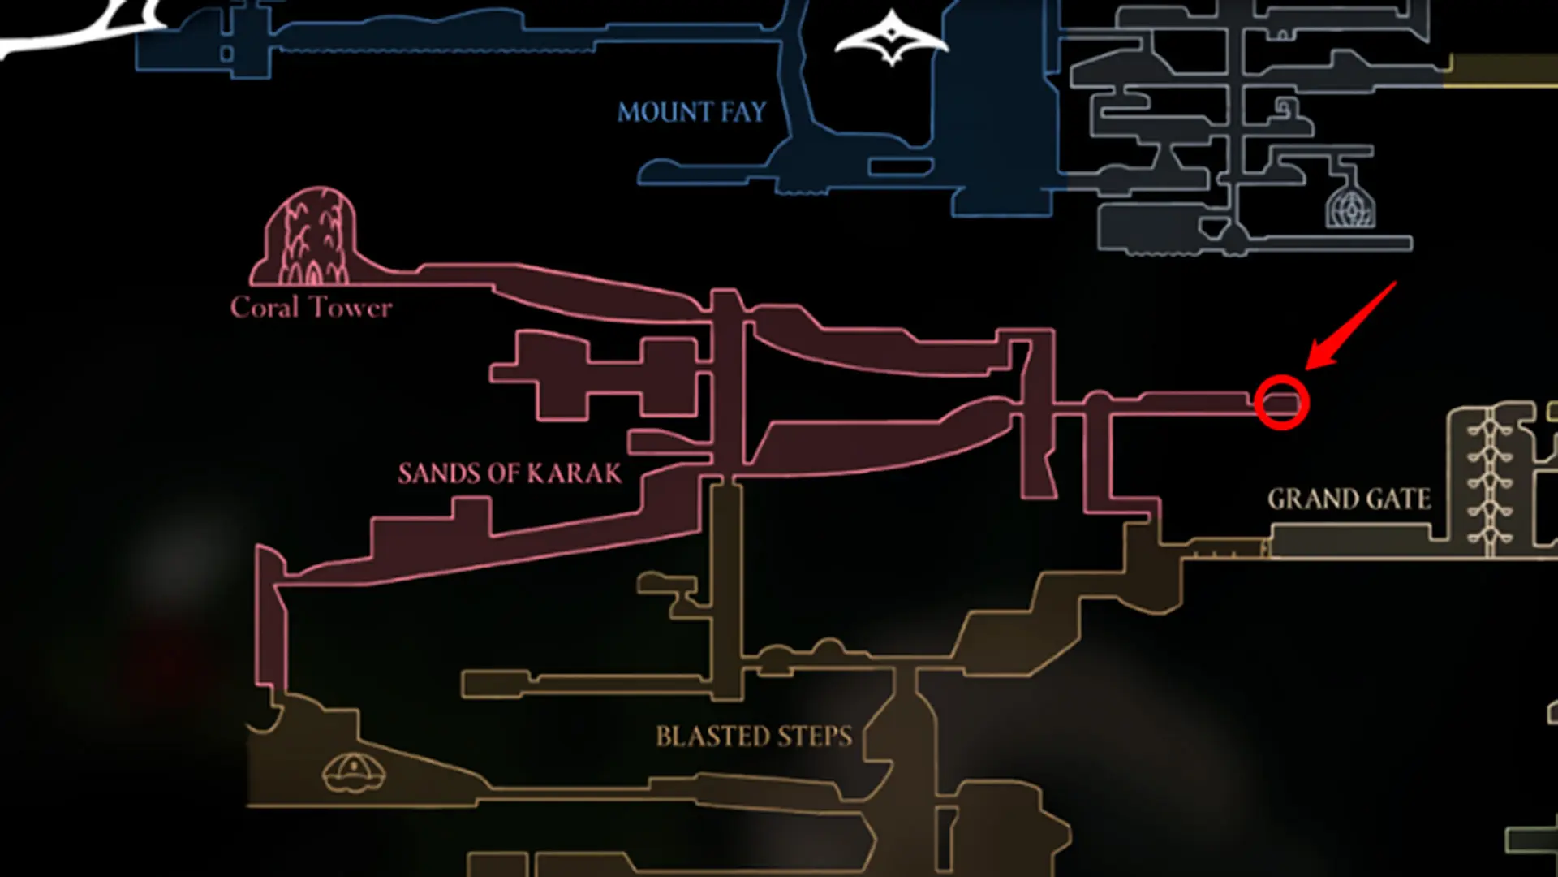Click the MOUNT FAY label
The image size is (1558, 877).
point(691,111)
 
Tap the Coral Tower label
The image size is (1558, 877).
point(311,307)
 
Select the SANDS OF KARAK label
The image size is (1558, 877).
point(510,473)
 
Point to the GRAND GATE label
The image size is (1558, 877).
point(1349,499)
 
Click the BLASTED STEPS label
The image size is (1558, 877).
point(754,737)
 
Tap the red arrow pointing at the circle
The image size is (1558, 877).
point(1350,326)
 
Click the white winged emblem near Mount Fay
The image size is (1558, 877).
point(892,37)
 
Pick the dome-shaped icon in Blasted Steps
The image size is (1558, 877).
point(354,772)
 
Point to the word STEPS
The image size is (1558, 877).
point(814,737)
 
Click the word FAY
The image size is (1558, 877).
point(742,111)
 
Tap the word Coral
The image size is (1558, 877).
point(265,307)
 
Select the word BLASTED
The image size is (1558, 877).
point(712,737)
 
